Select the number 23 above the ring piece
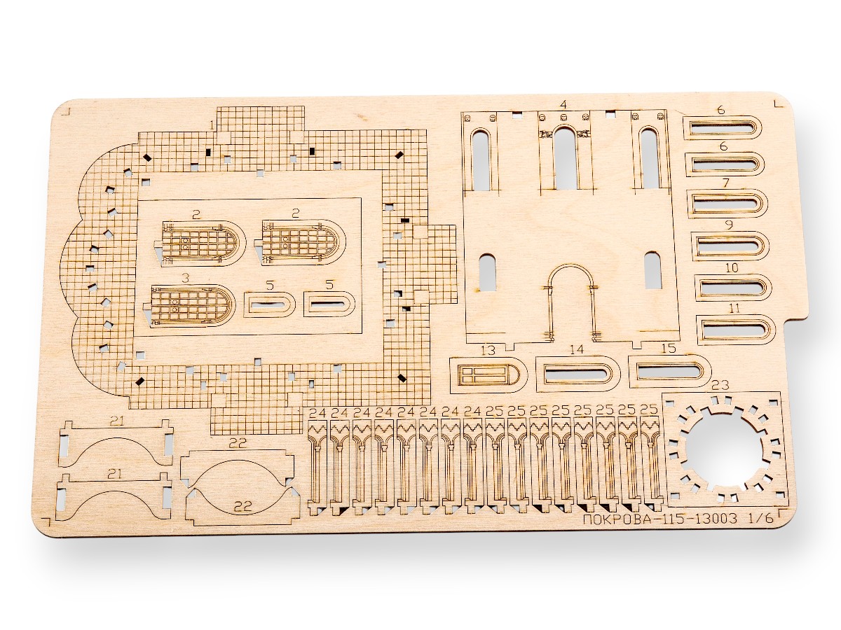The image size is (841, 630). click(x=720, y=386)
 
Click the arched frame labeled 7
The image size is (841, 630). click(x=729, y=204)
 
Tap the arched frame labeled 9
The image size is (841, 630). click(x=732, y=246)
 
